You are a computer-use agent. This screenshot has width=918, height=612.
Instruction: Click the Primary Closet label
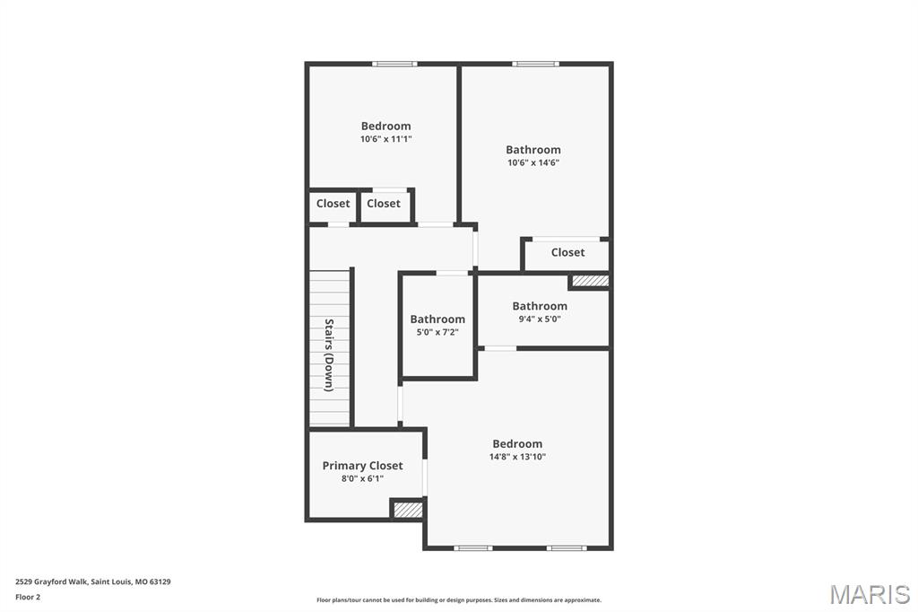(362, 466)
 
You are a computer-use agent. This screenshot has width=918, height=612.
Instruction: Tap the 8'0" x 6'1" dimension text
(362, 479)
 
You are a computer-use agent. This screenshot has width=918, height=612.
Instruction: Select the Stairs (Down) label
(329, 354)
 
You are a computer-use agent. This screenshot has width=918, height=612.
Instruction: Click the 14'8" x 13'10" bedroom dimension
(517, 457)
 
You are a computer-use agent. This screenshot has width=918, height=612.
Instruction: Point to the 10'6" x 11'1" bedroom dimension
(385, 139)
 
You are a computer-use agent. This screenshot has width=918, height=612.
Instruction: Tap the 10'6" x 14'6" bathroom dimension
(533, 163)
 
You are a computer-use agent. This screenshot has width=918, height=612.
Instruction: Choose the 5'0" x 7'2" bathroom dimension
(437, 332)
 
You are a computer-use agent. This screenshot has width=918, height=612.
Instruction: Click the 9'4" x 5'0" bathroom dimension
(540, 319)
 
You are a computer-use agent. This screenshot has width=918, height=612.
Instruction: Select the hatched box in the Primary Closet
(408, 510)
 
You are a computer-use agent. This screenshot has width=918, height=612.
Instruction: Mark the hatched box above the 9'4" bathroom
(590, 281)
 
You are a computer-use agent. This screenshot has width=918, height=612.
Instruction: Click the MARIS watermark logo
(869, 593)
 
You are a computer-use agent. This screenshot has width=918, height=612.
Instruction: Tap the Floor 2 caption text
(28, 597)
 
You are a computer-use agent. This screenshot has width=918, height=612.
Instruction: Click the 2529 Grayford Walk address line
(93, 581)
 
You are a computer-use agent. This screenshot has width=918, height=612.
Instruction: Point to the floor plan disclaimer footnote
(459, 600)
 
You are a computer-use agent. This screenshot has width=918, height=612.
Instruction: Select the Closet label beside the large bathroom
(567, 253)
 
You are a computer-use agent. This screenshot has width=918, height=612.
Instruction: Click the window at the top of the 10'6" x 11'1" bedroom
(394, 64)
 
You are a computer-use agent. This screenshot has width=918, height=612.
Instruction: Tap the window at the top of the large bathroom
(535, 64)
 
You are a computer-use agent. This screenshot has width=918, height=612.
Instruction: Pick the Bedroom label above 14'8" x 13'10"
(517, 444)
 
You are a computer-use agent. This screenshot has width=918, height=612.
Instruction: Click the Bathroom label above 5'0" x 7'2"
(437, 319)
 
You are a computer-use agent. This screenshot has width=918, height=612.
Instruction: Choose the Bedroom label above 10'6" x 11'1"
(385, 127)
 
